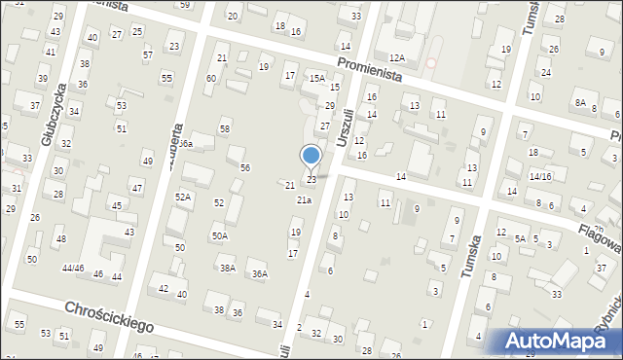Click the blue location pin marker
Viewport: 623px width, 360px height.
[311, 156]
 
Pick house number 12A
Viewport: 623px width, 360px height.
[396, 58]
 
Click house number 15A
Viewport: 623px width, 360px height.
[316, 77]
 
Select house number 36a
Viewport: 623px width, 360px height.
[184, 144]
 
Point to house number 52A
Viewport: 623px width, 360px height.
[182, 197]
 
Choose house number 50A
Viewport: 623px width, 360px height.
[220, 235]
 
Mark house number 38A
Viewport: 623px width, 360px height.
[227, 268]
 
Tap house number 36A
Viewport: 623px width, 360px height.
[259, 274]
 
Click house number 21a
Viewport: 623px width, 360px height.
[304, 199]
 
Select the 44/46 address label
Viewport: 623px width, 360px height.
[72, 268]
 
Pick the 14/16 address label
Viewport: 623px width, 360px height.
[540, 176]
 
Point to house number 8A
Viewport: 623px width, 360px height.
[580, 102]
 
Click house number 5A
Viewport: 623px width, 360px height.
[521, 238]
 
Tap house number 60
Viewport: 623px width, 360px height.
[211, 78]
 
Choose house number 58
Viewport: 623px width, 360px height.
[225, 129]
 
